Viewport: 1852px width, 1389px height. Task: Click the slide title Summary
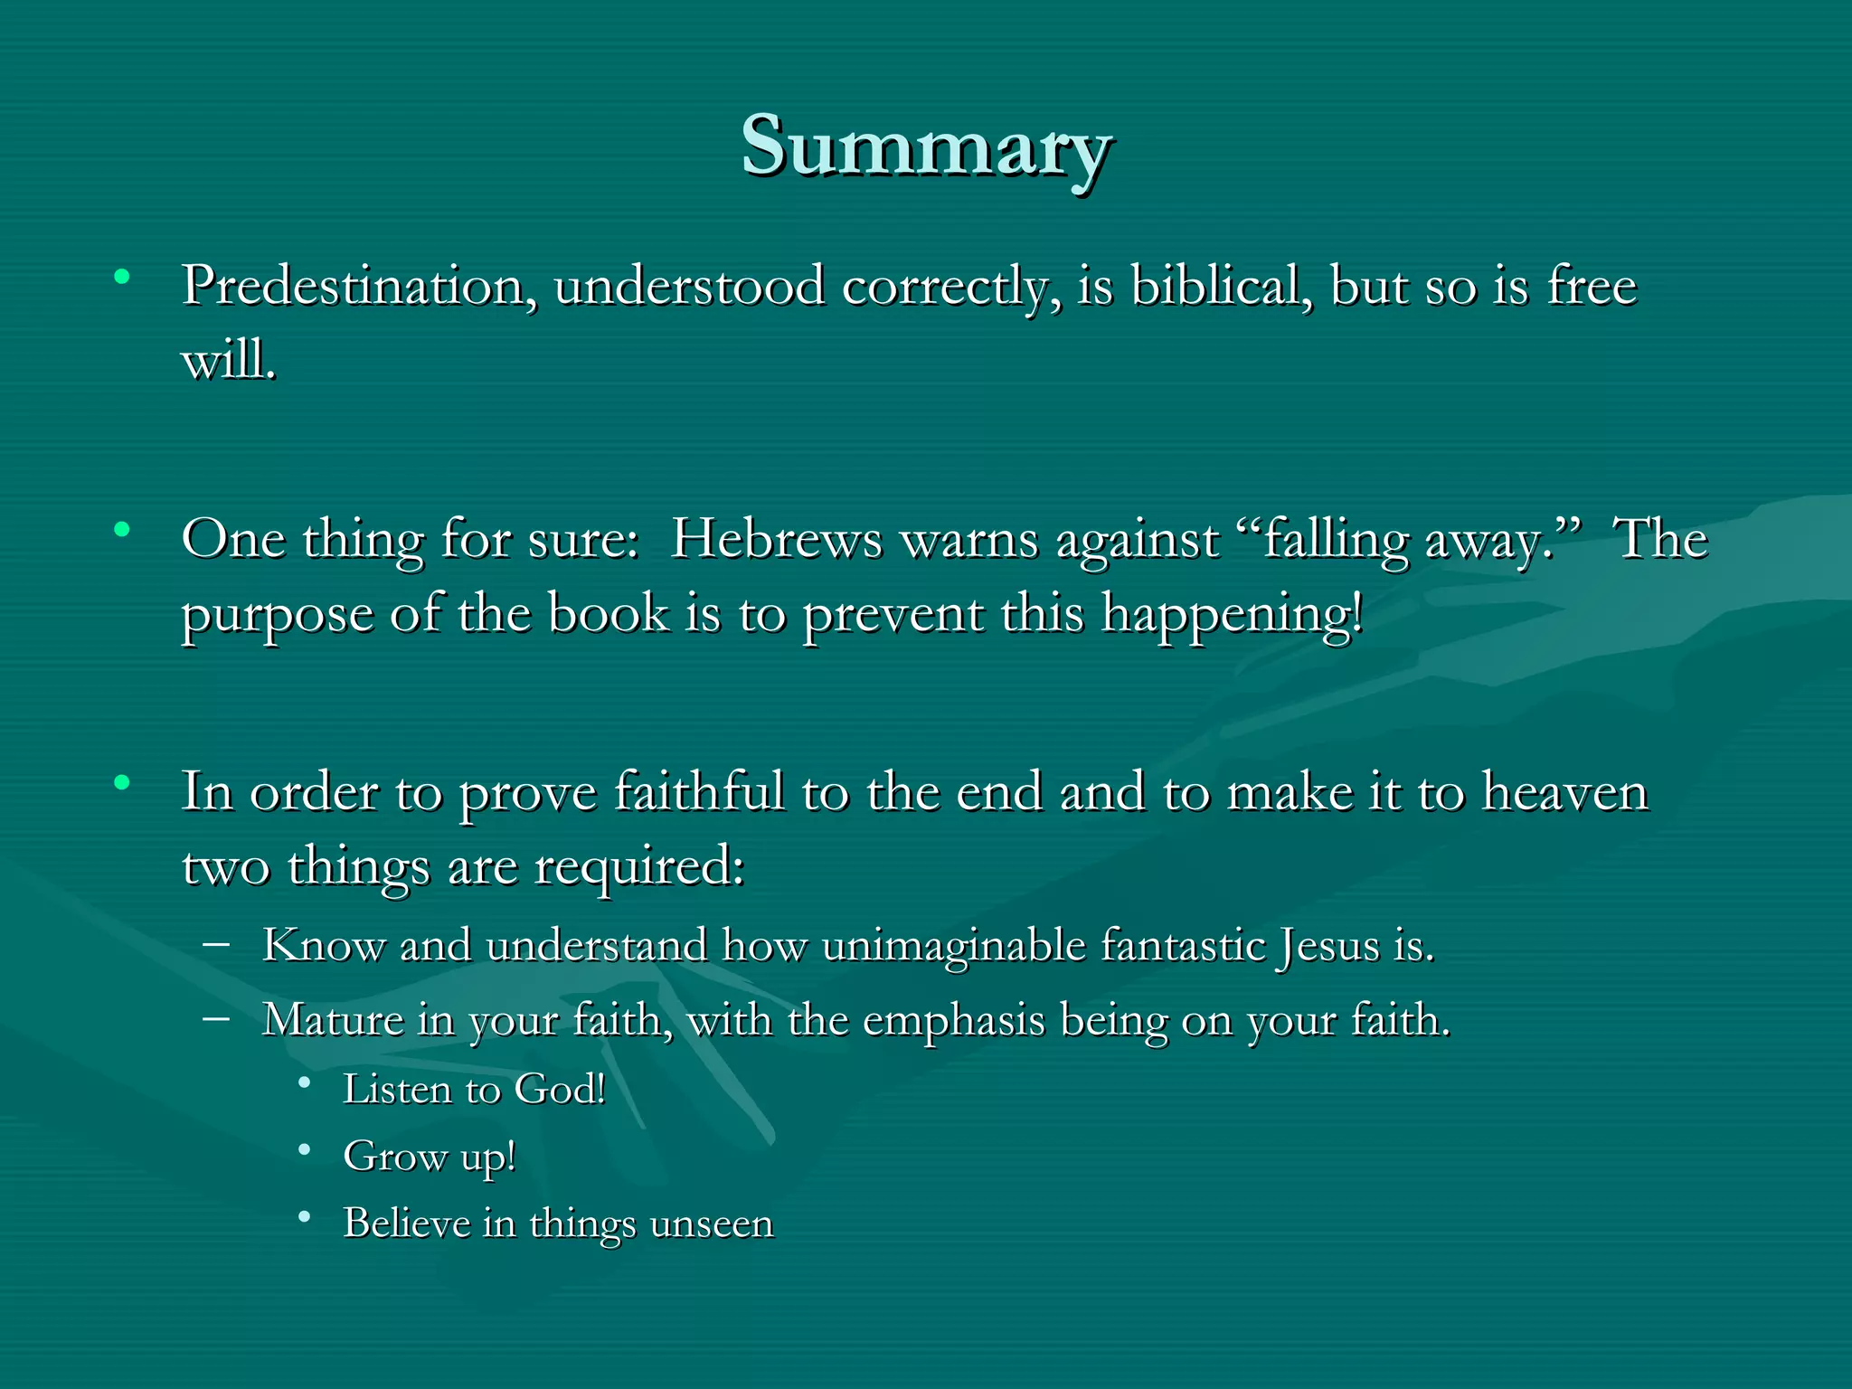point(926,147)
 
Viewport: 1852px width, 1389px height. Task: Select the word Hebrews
point(776,540)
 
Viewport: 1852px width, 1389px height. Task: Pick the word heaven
point(1564,792)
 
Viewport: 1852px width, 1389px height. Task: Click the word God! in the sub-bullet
point(560,1090)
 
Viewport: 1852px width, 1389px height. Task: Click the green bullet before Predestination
point(121,277)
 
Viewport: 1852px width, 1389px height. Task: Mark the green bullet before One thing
point(121,530)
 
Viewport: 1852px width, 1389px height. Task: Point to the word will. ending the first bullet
point(229,361)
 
